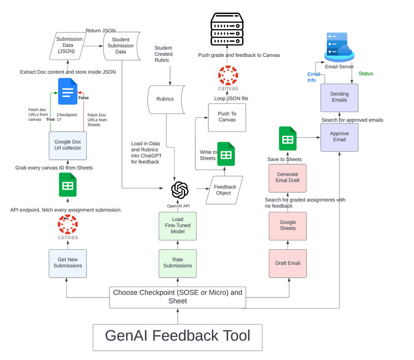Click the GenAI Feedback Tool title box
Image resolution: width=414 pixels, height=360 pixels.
click(177, 337)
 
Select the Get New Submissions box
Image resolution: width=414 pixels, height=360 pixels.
click(67, 263)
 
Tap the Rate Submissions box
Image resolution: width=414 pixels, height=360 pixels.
click(177, 263)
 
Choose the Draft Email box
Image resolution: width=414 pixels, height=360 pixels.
click(288, 263)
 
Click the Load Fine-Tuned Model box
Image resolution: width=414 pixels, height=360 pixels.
click(177, 225)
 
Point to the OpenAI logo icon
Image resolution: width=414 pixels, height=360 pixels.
click(180, 190)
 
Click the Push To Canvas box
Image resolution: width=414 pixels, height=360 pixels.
click(227, 117)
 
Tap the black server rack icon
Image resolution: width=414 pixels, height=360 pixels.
click(227, 29)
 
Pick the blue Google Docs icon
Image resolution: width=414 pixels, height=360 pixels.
click(67, 91)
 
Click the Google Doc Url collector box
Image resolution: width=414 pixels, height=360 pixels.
click(67, 145)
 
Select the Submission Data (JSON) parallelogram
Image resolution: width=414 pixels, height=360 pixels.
click(69, 45)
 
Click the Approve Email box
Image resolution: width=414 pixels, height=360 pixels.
click(339, 137)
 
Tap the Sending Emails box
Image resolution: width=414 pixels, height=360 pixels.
click(339, 97)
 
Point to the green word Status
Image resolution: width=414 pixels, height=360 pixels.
click(365, 74)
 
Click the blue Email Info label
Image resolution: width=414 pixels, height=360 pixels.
click(314, 77)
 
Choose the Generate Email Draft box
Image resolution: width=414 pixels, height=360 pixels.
click(287, 177)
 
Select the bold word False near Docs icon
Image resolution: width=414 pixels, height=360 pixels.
click(84, 98)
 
